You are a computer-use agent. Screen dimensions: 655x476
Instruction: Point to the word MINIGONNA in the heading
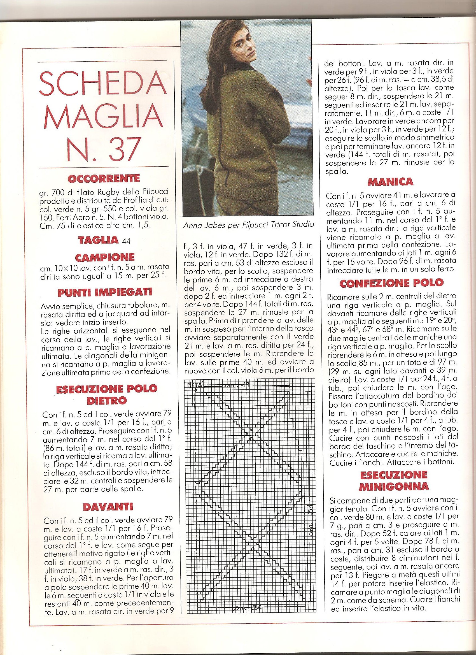[394, 487]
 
